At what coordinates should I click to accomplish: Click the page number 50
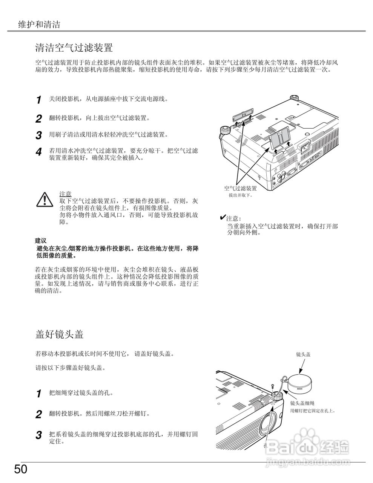[x=21, y=469]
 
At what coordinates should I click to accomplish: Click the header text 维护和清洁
[x=39, y=25]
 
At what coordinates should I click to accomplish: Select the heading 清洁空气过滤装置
[x=74, y=48]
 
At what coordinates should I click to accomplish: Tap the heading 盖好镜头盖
[x=59, y=334]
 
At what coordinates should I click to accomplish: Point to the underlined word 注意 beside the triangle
[x=65, y=194]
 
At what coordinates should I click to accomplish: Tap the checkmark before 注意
[x=223, y=218]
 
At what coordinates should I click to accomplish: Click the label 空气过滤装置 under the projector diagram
[x=240, y=188]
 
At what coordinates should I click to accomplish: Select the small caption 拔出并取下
[x=240, y=195]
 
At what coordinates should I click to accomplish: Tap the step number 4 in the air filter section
[x=38, y=152]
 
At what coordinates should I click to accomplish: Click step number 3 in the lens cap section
[x=38, y=435]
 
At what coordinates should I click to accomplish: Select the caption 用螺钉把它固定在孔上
[x=313, y=411]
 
